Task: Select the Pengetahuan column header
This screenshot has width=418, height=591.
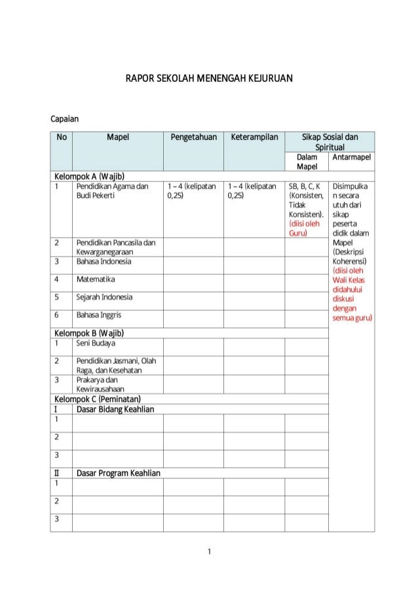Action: tap(193, 137)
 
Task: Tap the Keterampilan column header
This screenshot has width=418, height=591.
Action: tap(254, 137)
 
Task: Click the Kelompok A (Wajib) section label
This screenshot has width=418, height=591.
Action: tap(90, 176)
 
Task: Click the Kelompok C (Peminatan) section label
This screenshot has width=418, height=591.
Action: tap(98, 399)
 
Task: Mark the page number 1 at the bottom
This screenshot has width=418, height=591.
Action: tap(209, 552)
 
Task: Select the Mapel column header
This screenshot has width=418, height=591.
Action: tap(118, 137)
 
